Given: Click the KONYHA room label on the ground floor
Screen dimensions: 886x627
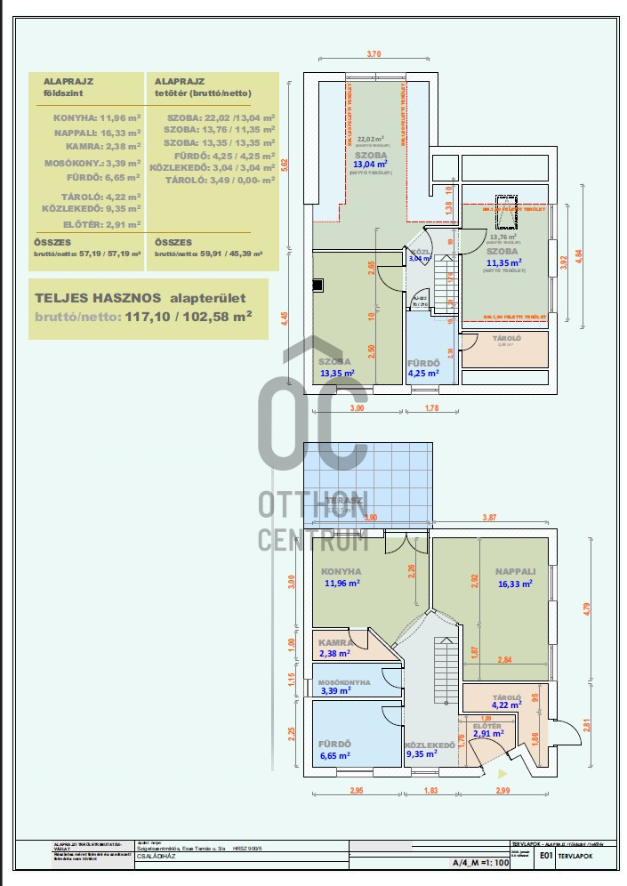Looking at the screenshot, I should coord(341,571).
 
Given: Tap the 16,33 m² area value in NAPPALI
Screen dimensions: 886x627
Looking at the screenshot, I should coord(515,584).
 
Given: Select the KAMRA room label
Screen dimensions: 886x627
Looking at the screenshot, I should coord(336,641).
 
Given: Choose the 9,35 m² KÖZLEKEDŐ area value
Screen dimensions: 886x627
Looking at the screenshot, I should coord(423,754).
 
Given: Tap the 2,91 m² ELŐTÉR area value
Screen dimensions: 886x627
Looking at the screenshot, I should coord(488,734).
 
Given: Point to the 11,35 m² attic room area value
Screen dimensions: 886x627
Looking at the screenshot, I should coord(502,262).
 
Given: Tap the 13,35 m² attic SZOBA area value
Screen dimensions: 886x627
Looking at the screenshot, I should coord(337,374).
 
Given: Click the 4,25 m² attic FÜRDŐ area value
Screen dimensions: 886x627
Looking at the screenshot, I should coord(423,374).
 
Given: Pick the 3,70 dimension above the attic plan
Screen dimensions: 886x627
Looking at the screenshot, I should coord(374,55).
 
